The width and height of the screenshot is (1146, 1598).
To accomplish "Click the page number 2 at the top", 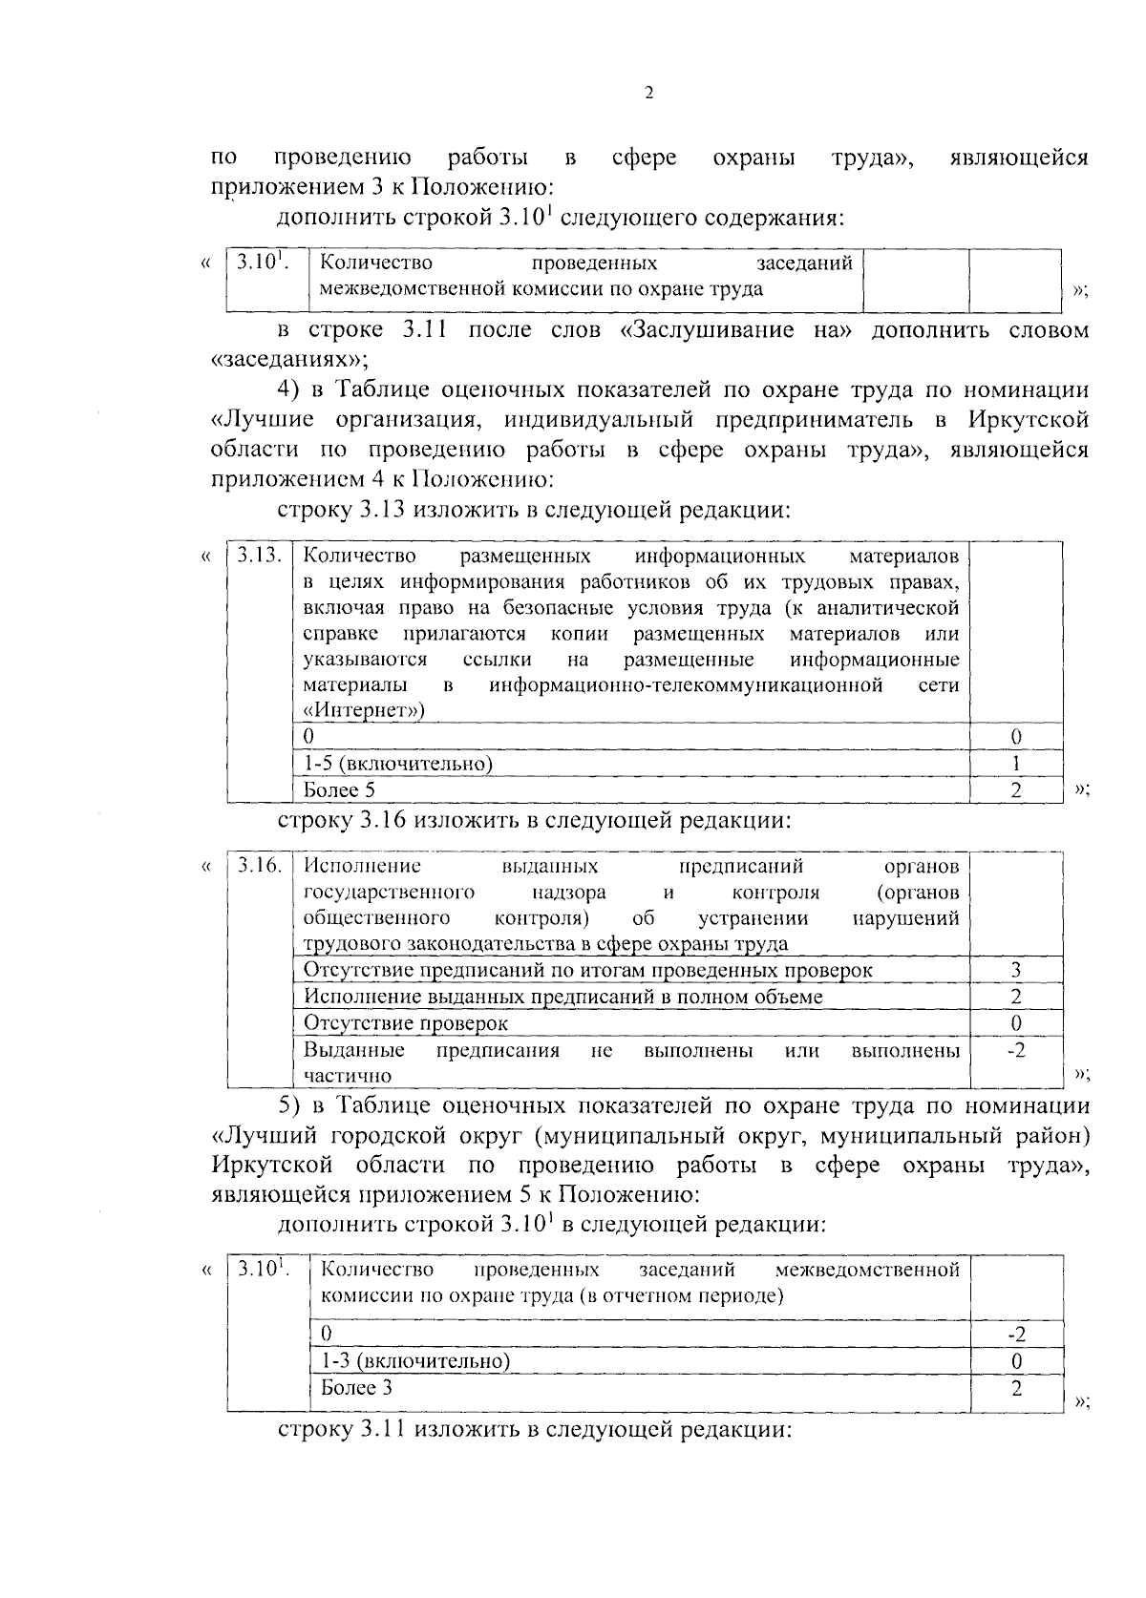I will [648, 93].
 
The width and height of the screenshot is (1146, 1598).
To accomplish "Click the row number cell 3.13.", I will [259, 556].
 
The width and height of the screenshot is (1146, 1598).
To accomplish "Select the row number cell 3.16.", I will [259, 866].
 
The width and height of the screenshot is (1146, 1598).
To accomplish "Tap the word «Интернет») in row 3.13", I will [364, 711].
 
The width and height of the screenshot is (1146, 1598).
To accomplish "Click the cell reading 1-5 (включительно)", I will [397, 764].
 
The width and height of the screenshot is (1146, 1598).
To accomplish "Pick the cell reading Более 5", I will [339, 789].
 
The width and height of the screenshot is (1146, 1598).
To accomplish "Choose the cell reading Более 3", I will [356, 1388].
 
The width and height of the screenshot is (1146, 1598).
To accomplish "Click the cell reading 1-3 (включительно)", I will [414, 1360].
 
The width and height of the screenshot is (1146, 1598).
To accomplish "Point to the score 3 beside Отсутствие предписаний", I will [1016, 971].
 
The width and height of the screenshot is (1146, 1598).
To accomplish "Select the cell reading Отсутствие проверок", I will [406, 1023].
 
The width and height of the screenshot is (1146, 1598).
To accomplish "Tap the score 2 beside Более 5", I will [1016, 790].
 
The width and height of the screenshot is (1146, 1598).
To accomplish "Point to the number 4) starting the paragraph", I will [288, 389].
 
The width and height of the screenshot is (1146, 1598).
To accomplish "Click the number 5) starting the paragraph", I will [289, 1105].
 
